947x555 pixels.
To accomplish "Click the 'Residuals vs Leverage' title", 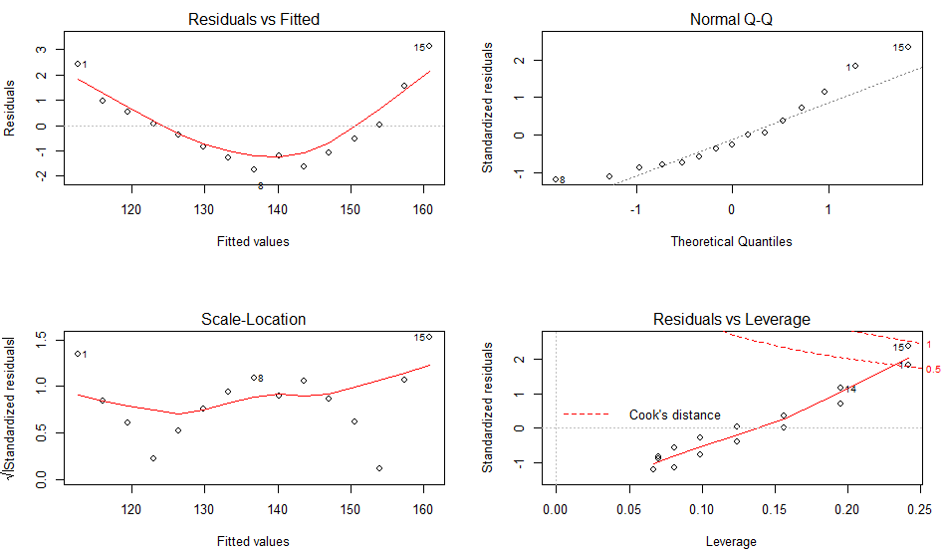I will coord(732,319).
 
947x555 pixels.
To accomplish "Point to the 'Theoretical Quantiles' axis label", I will coord(732,241).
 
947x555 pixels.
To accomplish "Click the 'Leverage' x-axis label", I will coord(732,541).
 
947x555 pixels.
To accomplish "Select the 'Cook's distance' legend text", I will coord(674,415).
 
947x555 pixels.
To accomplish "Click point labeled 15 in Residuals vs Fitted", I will coord(429,46).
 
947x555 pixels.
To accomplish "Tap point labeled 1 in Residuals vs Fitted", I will coord(77,64).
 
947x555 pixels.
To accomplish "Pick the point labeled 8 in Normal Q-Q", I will coord(555,179).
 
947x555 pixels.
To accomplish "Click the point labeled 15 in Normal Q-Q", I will coord(907,47).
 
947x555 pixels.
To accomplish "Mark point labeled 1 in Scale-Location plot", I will coord(77,354).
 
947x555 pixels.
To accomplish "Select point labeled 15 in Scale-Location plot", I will coord(429,337).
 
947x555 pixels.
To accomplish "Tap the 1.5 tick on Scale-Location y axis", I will coord(42,339).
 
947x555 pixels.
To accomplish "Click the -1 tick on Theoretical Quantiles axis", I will coord(634,209).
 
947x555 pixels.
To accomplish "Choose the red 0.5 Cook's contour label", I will coord(933,370).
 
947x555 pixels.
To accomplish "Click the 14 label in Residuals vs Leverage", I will coord(850,390).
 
